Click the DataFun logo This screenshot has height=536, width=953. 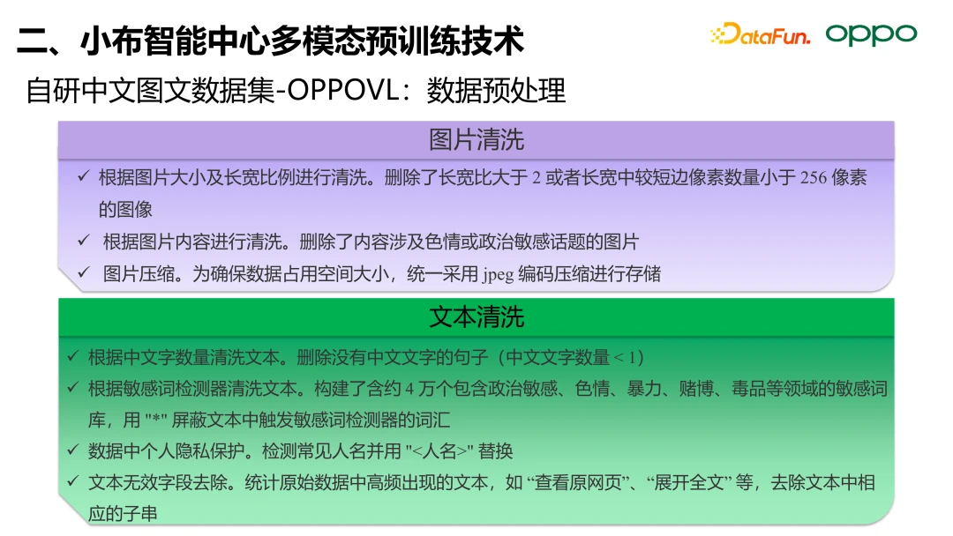(x=761, y=34)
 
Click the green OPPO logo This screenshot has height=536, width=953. (x=871, y=34)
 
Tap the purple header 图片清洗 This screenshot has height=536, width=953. (x=476, y=139)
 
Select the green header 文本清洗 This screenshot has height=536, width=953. (x=476, y=316)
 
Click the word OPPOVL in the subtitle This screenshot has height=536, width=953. (x=344, y=91)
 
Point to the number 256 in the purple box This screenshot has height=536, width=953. (x=814, y=178)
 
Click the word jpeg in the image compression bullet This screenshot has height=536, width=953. (x=499, y=275)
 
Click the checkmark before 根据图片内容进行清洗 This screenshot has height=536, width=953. (x=84, y=240)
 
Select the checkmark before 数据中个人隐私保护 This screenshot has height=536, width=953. (x=73, y=450)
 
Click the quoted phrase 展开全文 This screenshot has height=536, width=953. (x=689, y=482)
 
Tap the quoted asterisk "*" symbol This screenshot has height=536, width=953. (x=156, y=420)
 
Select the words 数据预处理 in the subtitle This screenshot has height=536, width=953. (x=496, y=91)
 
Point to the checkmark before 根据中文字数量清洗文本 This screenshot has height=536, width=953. (x=73, y=355)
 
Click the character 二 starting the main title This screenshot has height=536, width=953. (x=33, y=41)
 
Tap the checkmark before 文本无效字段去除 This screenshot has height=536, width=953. (x=73, y=481)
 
